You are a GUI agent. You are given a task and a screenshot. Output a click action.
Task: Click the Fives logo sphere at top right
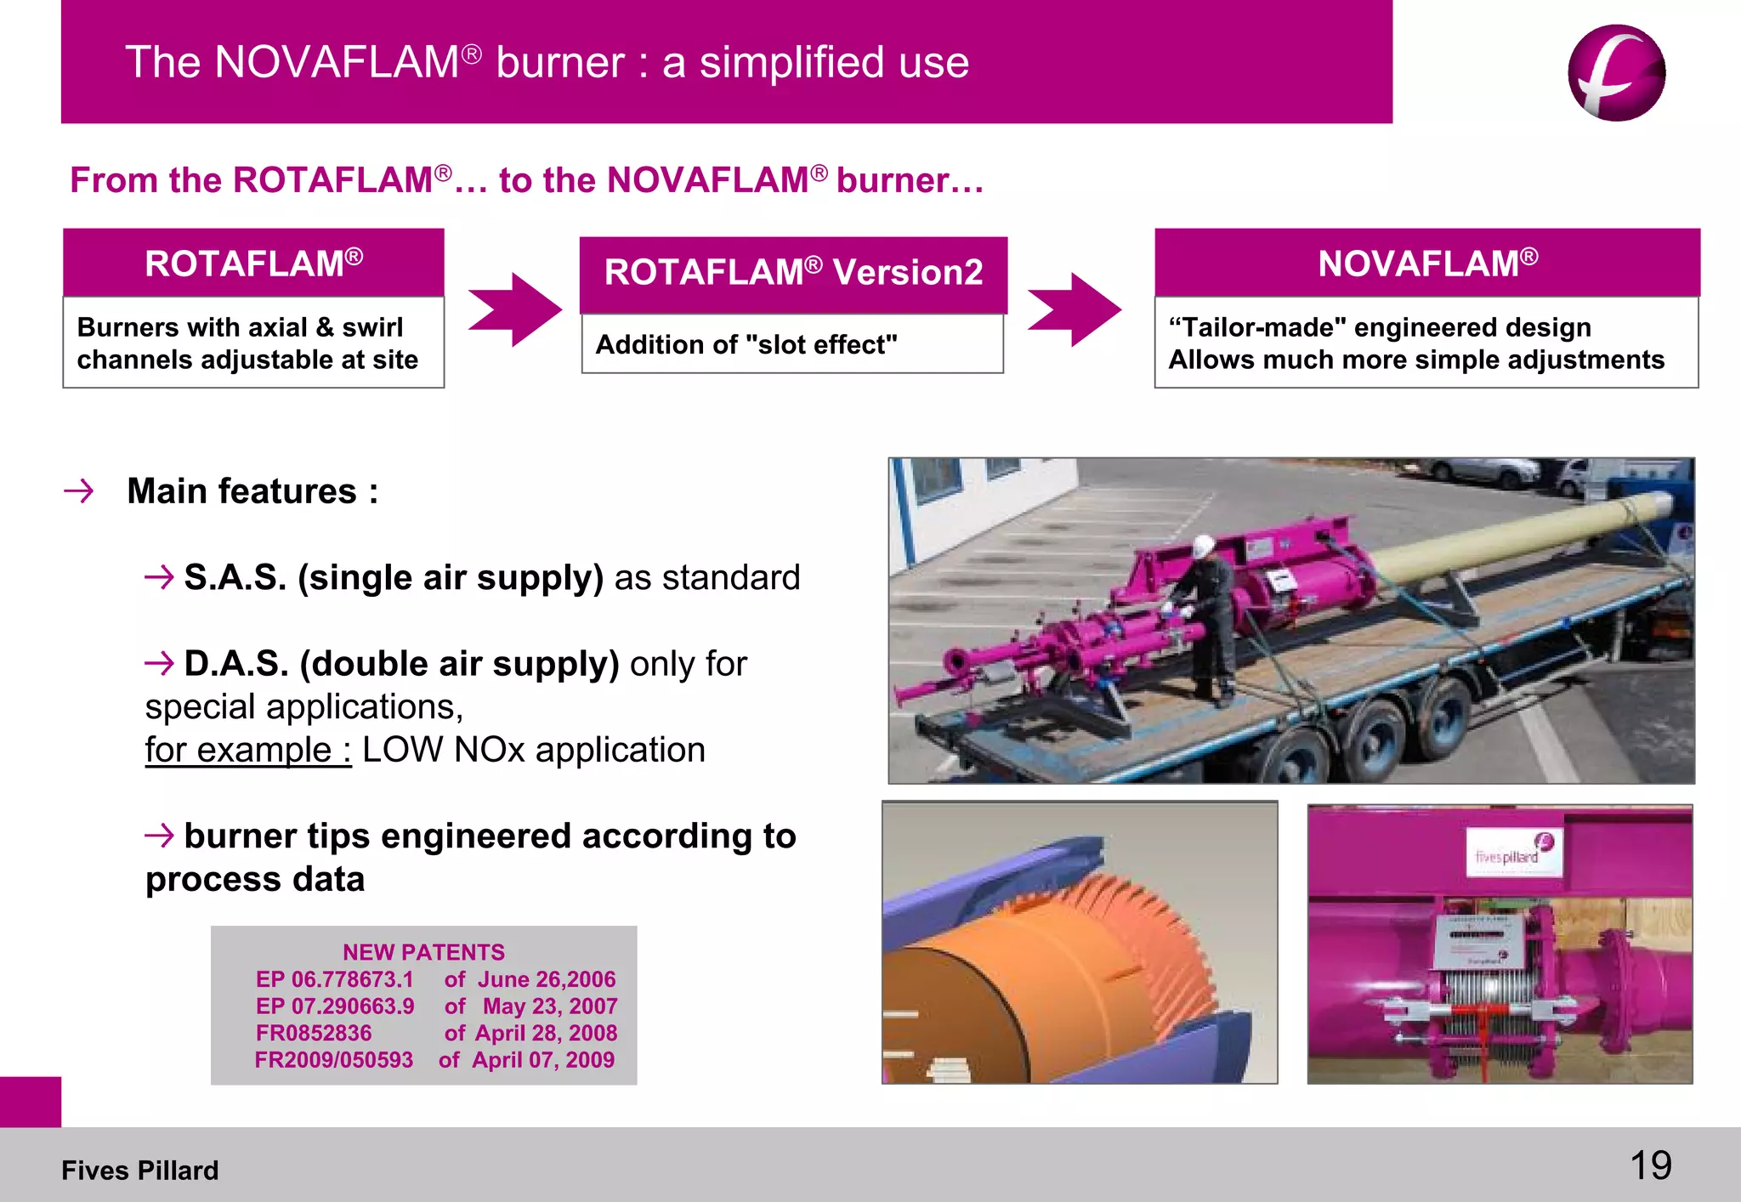(1616, 73)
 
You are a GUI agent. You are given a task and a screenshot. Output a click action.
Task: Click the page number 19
(1650, 1165)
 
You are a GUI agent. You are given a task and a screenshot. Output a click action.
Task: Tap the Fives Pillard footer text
(139, 1171)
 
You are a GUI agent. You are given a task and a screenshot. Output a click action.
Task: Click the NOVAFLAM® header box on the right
(1427, 263)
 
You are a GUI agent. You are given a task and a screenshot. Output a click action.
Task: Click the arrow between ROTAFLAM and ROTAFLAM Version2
(514, 309)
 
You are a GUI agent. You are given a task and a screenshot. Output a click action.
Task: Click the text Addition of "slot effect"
(746, 344)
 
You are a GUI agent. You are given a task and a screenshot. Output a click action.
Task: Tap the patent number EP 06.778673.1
(334, 979)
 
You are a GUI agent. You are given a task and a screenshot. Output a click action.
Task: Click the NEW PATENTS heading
(423, 952)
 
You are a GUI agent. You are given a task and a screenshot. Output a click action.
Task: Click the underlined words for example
(247, 750)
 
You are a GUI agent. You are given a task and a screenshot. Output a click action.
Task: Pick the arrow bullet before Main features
(79, 490)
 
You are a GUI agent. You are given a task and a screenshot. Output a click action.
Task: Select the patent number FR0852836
(314, 1033)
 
